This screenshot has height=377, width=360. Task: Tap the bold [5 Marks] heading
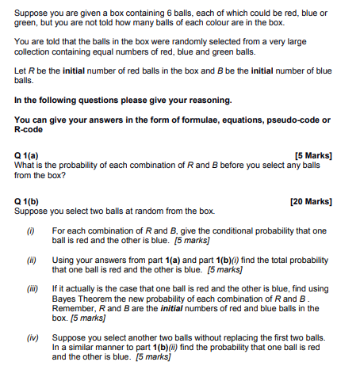[312, 155]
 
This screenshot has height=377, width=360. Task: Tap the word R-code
[33, 129]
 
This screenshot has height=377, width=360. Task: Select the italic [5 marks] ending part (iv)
[154, 356]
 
